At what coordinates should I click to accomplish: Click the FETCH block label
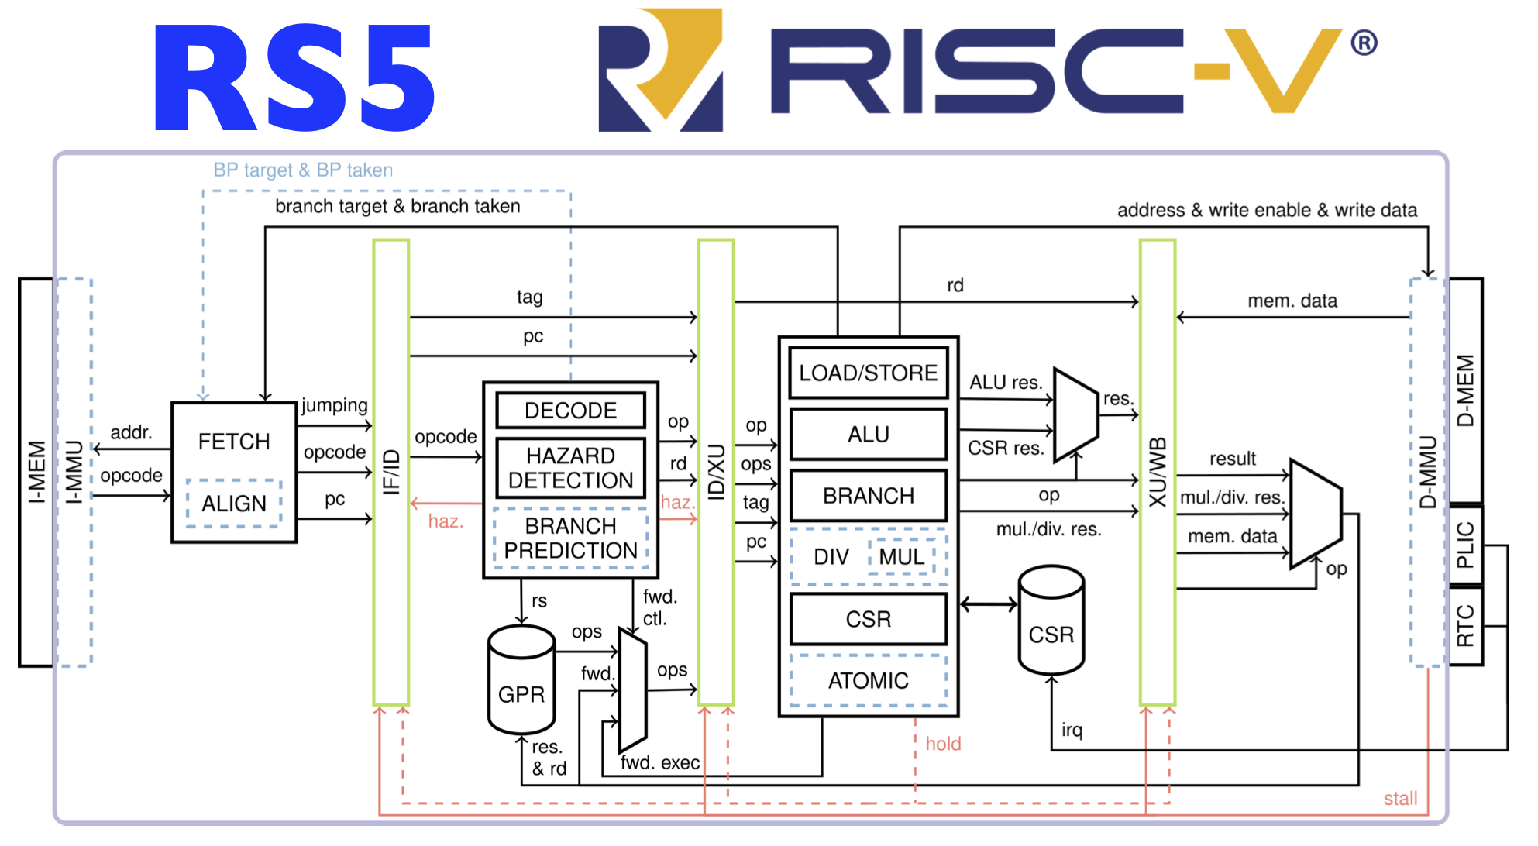[x=234, y=442]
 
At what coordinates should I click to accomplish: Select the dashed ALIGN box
[x=234, y=504]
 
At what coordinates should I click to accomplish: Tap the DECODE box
[x=571, y=411]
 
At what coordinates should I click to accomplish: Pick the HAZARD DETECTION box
[x=571, y=468]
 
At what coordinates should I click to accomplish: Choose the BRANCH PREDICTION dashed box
[x=571, y=538]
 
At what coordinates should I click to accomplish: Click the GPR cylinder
[x=521, y=682]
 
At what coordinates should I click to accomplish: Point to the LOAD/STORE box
[x=868, y=373]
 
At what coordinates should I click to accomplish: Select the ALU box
[x=868, y=435]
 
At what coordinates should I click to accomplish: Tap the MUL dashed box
[x=902, y=557]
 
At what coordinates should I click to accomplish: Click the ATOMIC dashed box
[x=868, y=681]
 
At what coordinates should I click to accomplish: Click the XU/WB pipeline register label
[x=1157, y=473]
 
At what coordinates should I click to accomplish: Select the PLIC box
[x=1465, y=545]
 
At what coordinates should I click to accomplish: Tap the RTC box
[x=1465, y=626]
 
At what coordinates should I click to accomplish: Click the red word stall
[x=1400, y=799]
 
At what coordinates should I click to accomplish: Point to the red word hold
[x=943, y=744]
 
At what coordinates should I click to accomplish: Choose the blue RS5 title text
[x=294, y=77]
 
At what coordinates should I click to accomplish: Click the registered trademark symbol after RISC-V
[x=1364, y=43]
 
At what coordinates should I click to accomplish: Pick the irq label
[x=1072, y=730]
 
